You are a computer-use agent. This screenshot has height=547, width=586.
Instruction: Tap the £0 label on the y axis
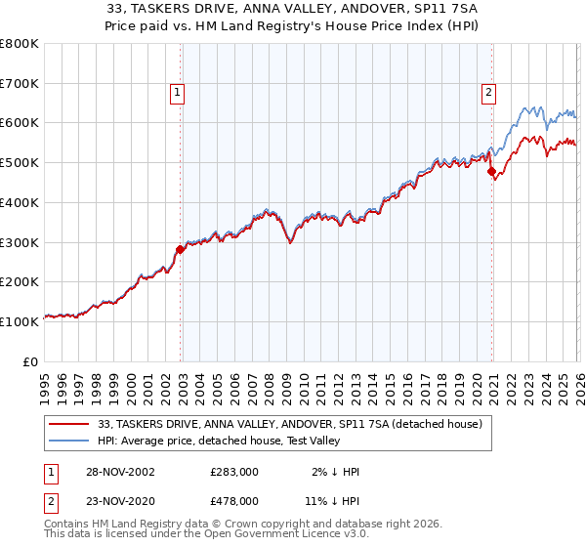pos(31,361)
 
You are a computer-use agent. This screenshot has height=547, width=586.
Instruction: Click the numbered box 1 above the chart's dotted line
pos(178,93)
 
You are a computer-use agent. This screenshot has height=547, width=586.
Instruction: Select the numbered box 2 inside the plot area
pos(488,93)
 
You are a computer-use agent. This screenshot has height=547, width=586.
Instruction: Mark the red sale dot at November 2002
pos(181,249)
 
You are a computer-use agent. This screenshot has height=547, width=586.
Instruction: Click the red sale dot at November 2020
pos(491,172)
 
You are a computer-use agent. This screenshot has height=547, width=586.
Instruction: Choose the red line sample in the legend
pos(69,425)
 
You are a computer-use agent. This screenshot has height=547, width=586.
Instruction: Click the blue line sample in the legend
pos(69,442)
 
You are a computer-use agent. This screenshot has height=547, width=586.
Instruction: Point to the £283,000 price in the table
pos(233,472)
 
